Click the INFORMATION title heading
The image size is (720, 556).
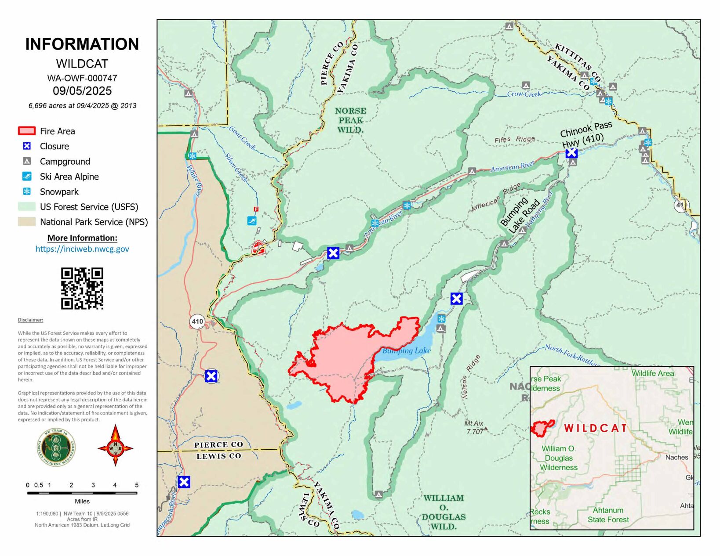[x=82, y=44]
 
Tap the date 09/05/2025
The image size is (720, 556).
[x=82, y=91]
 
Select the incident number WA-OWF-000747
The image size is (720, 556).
[x=82, y=78]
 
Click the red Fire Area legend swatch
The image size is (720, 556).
[x=26, y=131]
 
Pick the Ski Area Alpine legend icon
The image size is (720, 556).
[x=27, y=177]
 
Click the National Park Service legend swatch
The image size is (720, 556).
[x=26, y=222]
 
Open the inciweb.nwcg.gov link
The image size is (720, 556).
[x=82, y=249]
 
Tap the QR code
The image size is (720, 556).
[x=82, y=289]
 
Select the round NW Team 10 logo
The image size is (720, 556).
[x=56, y=448]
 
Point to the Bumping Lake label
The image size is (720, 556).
[x=406, y=350]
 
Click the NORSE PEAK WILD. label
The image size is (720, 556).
[x=350, y=120]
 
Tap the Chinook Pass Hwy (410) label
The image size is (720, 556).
[x=585, y=134]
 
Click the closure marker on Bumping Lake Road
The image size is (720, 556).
[x=456, y=299]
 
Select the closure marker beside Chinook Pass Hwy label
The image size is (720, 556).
[x=571, y=153]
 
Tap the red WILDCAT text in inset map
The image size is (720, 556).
[x=595, y=428]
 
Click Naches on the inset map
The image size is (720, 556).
[x=676, y=457]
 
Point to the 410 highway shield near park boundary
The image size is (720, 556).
[x=197, y=321]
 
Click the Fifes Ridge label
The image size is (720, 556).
[x=514, y=140]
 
